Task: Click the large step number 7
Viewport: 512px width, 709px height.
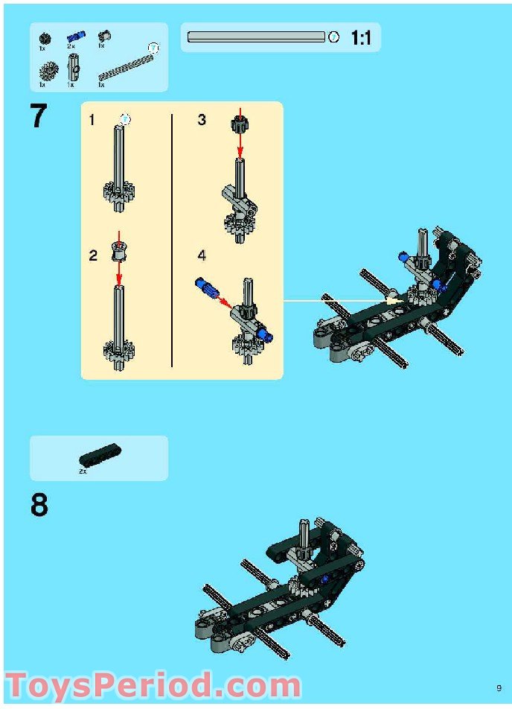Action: coord(39,117)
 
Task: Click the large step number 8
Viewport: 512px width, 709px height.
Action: coord(39,506)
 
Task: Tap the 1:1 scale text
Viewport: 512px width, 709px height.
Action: coord(361,38)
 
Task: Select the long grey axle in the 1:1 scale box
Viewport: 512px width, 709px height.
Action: coord(256,36)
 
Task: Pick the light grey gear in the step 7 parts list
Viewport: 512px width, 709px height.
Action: coord(49,71)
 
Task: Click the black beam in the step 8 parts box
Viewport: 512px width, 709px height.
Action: coord(100,454)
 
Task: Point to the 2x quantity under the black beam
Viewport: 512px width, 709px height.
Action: coord(83,471)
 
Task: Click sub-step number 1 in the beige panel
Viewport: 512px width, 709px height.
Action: coord(92,120)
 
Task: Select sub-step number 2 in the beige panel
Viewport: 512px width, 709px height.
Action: coord(93,255)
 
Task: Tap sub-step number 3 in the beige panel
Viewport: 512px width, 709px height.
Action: coord(202,120)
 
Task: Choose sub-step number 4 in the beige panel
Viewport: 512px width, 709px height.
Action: coord(202,255)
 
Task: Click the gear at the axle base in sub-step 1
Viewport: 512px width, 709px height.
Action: coord(118,195)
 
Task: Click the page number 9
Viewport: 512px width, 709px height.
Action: coord(499,687)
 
